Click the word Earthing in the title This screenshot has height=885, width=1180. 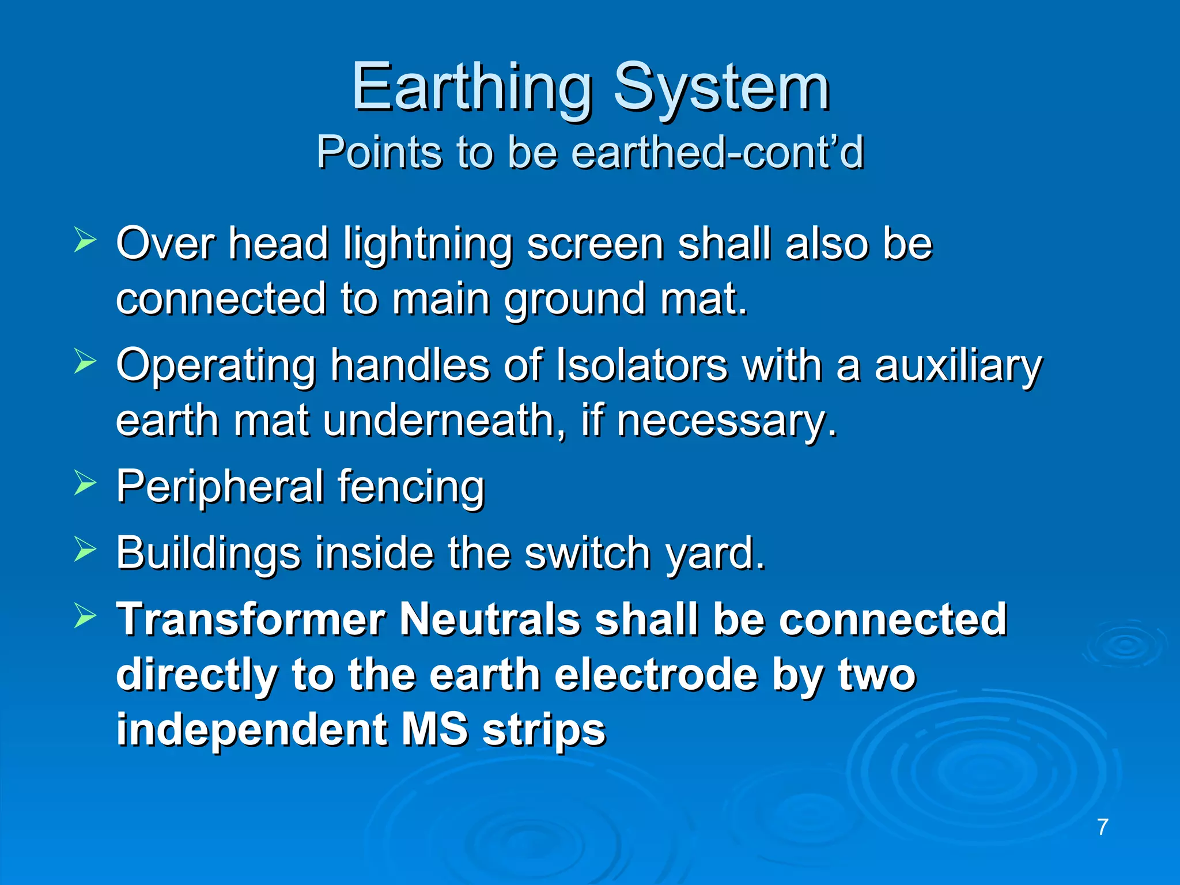[x=471, y=88]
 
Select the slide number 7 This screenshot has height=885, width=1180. [x=1102, y=827]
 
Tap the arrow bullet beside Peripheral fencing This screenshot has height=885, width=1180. [x=85, y=483]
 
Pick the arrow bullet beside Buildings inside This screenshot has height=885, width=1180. [x=85, y=550]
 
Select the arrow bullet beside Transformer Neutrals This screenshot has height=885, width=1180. [x=85, y=617]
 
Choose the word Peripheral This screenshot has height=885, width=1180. [x=219, y=487]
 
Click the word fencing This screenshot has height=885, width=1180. [x=410, y=487]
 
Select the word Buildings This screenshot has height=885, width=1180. [x=208, y=553]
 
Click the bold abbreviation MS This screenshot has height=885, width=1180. [x=434, y=729]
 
